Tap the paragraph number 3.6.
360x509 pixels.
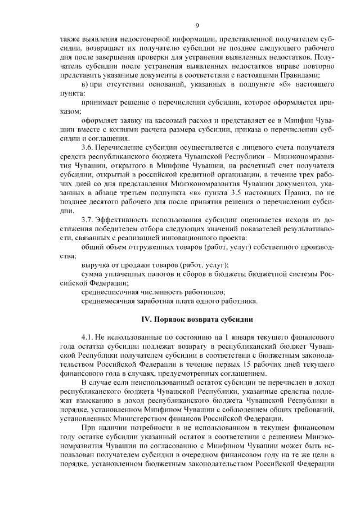[87, 148]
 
